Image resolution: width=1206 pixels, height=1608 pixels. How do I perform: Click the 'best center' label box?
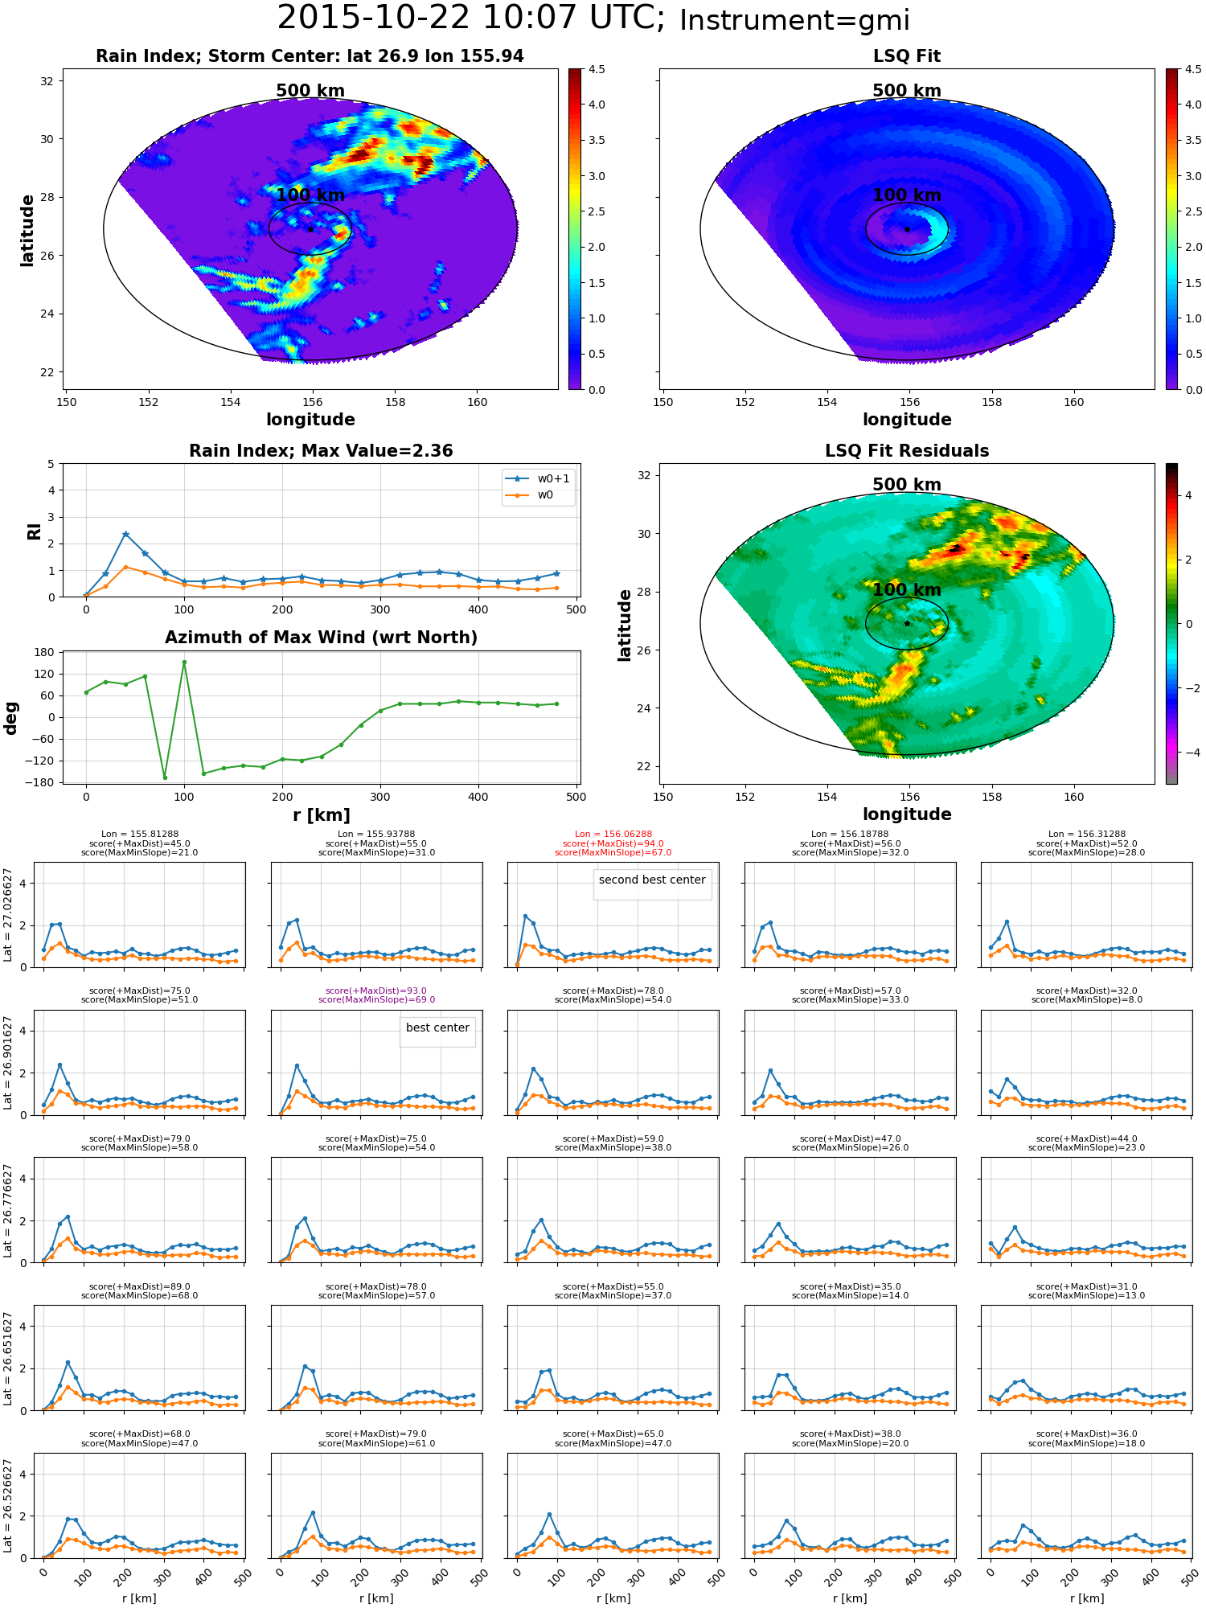click(x=437, y=1032)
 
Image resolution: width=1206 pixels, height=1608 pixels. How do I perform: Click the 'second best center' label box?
click(x=652, y=884)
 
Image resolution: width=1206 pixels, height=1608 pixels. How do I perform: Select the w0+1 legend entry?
click(x=538, y=478)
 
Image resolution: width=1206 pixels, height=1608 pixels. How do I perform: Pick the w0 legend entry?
click(x=530, y=494)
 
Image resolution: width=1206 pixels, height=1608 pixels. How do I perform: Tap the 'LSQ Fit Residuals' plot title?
click(x=907, y=451)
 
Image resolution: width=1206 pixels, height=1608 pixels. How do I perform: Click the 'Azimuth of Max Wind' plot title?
click(x=321, y=638)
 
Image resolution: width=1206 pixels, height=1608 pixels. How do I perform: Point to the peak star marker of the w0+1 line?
click(x=125, y=534)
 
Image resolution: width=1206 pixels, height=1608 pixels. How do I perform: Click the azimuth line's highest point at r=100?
click(x=184, y=662)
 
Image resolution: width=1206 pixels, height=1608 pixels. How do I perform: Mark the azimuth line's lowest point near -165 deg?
click(x=165, y=777)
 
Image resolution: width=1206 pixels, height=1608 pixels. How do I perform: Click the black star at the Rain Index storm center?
click(x=310, y=229)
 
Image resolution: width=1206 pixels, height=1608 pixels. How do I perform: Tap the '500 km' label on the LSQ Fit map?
click(x=907, y=91)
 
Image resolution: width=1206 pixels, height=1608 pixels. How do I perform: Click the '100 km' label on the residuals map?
click(x=907, y=590)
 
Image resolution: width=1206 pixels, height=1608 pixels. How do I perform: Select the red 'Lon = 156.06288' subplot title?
click(x=613, y=835)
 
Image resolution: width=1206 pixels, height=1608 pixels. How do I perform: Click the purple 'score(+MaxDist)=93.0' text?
click(x=376, y=991)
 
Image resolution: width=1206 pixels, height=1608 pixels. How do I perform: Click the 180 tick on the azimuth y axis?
click(x=43, y=652)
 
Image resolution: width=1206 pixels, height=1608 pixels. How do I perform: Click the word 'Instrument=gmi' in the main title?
click(x=794, y=21)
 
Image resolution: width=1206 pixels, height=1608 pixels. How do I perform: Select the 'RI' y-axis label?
click(x=34, y=531)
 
